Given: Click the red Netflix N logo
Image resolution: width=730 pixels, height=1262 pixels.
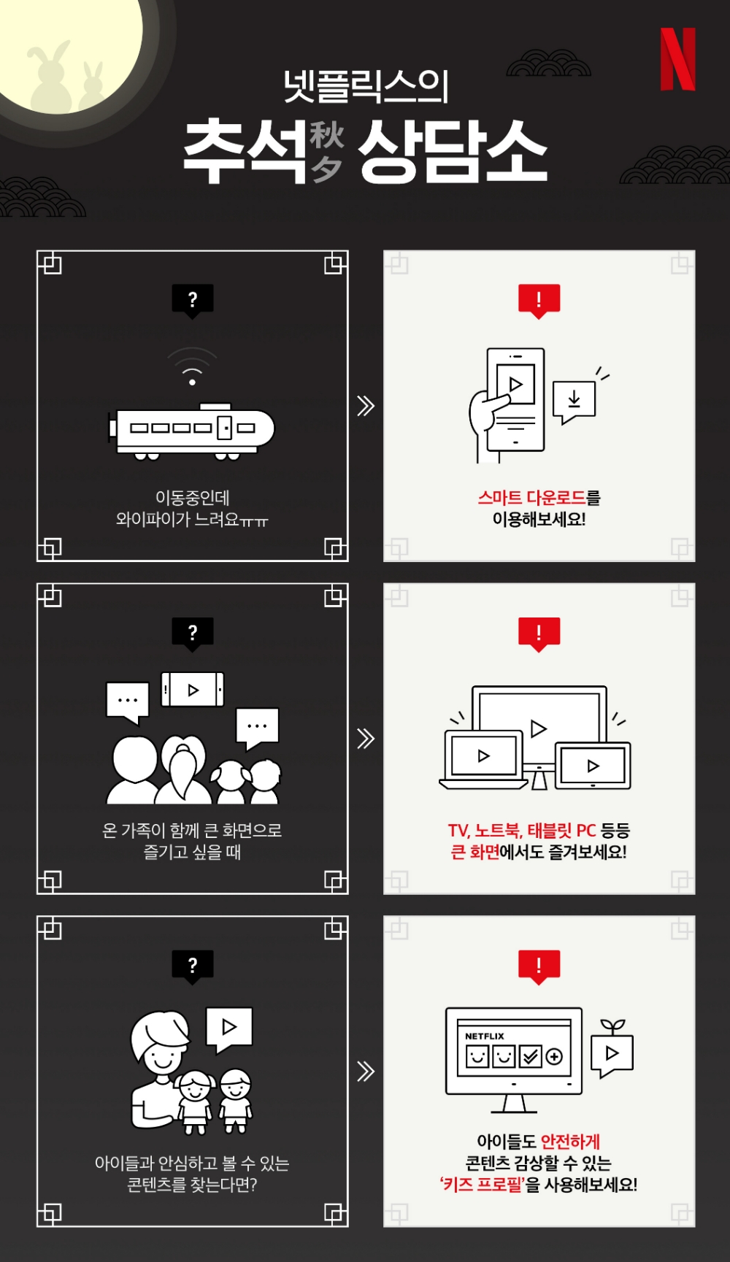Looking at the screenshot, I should pos(677,60).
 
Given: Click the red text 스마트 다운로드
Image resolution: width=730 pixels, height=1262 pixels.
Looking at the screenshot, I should pos(531,498).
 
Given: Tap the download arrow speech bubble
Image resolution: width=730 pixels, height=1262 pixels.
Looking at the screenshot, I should pos(575,401).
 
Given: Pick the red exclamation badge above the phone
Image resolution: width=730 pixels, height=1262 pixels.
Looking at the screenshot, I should pos(539,299).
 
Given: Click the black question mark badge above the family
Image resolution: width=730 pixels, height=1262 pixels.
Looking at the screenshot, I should pos(192,632).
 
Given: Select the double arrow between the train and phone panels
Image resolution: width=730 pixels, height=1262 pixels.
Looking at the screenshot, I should pos(366,406).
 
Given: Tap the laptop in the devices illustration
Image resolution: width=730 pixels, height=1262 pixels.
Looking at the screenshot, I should pos(483,759).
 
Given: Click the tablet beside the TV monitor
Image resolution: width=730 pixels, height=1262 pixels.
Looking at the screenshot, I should pos(593,766).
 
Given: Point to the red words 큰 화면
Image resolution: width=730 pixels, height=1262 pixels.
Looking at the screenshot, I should pos(475,852).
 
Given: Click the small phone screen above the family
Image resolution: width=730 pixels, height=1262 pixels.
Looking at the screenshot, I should pos(192,690).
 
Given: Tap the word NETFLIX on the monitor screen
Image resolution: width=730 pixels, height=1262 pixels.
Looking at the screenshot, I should pos(484,1036).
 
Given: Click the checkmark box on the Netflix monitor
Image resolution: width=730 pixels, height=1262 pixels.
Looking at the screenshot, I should pos(530,1056).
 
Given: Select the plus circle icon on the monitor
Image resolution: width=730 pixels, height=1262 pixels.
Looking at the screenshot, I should pos(554,1056).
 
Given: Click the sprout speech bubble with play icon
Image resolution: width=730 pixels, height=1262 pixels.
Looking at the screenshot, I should pos(612,1051).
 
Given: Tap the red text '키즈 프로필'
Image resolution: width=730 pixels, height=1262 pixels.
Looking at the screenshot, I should pos(483,1184).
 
